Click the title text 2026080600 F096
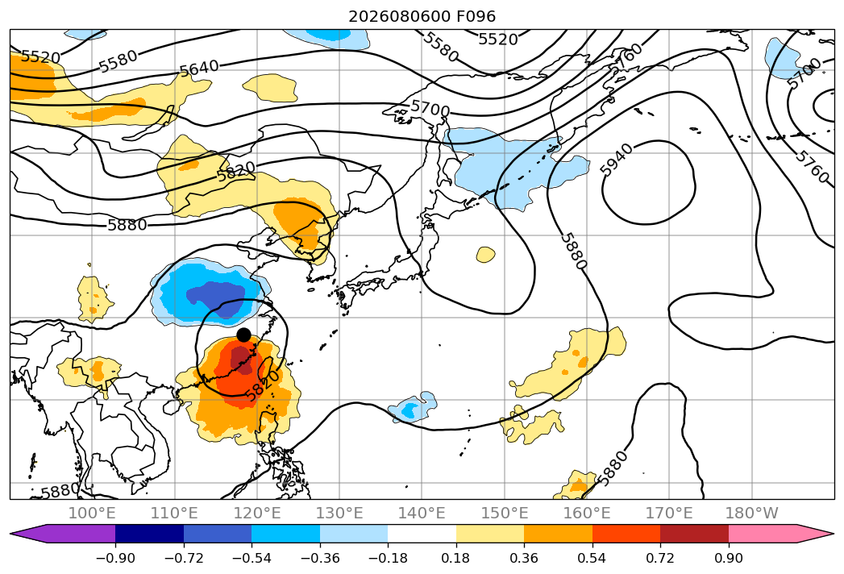[422, 16]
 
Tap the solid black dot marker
[243, 335]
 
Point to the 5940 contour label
[617, 160]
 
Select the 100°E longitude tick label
[92, 513]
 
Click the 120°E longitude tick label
[257, 513]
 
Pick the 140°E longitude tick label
[422, 513]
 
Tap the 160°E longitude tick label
[586, 513]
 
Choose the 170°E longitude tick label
[668, 513]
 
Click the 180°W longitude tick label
[751, 513]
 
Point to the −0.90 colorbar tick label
[115, 558]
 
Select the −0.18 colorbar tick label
[388, 558]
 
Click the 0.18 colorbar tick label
[456, 558]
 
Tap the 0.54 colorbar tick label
[592, 558]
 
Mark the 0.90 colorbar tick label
[728, 558]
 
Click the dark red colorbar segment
[694, 533]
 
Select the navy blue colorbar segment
[150, 533]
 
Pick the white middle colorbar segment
[422, 533]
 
